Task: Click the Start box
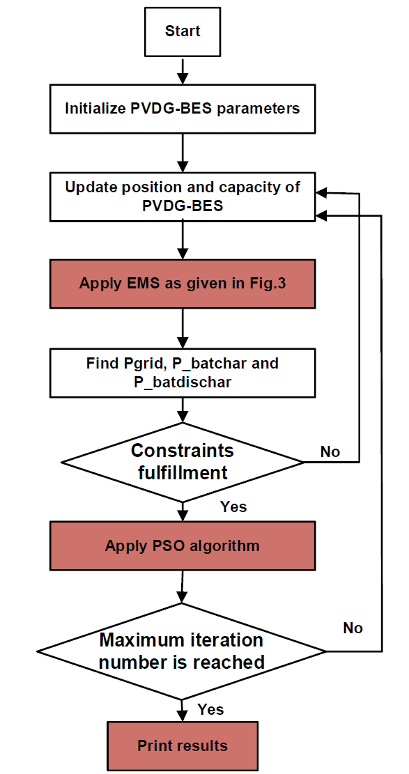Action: [183, 31]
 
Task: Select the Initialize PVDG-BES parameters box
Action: [183, 109]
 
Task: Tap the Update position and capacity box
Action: [183, 196]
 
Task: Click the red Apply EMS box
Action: [183, 284]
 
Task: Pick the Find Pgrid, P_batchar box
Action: [183, 373]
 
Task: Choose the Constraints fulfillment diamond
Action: [183, 462]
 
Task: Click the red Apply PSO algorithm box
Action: [183, 546]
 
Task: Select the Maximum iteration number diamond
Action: [183, 651]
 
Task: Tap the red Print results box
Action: [183, 745]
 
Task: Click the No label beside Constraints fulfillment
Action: [330, 451]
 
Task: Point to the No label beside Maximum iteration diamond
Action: [352, 628]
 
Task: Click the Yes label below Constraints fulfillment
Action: [233, 506]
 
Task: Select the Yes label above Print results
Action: [211, 709]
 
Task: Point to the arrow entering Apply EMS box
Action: [183, 240]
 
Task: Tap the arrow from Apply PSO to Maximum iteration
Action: [183, 586]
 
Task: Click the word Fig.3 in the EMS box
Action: [268, 284]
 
